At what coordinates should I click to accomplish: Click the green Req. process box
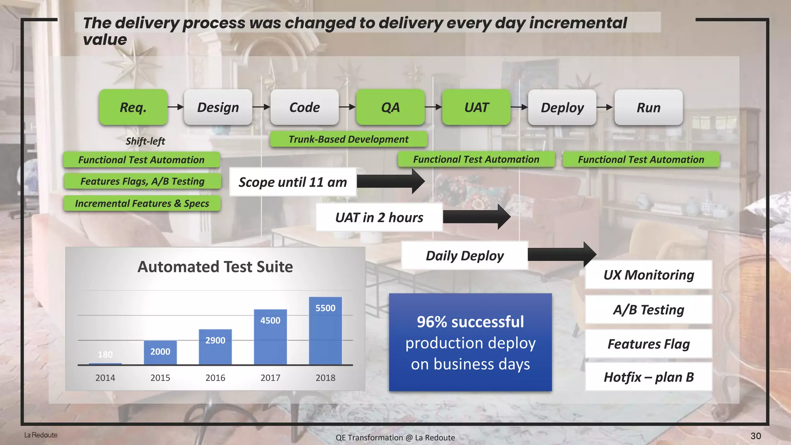coord(133,107)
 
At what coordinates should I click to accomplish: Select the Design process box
coord(218,107)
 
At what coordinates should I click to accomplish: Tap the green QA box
coord(390,107)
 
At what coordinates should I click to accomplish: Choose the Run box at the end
coord(648,107)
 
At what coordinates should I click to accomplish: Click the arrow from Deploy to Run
coord(605,107)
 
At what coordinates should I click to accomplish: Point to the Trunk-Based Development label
coord(348,139)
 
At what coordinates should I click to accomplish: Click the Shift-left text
coord(145,141)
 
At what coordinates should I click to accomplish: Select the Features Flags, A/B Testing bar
coord(142,181)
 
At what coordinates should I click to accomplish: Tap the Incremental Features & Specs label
coord(142,204)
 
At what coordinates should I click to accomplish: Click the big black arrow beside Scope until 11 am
coord(390,181)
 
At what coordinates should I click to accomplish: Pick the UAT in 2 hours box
coord(379,217)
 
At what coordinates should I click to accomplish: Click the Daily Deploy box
coord(465,256)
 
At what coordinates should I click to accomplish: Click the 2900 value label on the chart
coord(215,340)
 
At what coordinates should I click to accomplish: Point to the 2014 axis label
coord(105,378)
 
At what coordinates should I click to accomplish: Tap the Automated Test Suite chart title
coord(215,267)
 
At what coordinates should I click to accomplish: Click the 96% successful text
coord(470,322)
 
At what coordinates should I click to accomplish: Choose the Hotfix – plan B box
coord(648,377)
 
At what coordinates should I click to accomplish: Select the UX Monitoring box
coord(648,275)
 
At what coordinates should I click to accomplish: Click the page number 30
coord(755,436)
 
